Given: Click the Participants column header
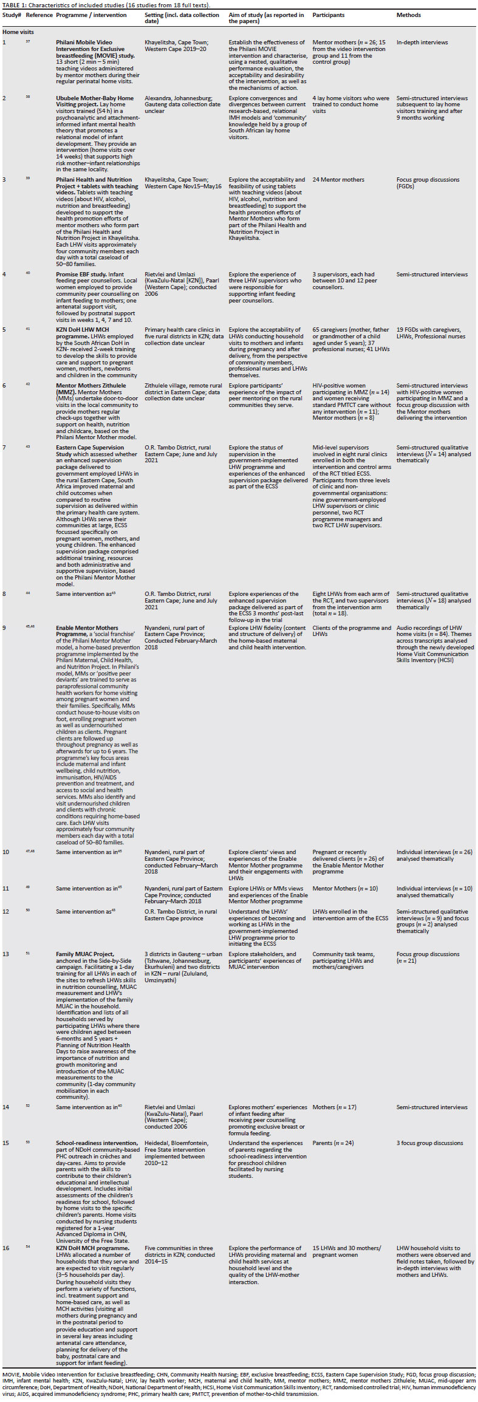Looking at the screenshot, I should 328,15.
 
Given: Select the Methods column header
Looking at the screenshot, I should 408,15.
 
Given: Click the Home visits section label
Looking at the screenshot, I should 18,32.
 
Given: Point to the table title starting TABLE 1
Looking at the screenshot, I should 106,5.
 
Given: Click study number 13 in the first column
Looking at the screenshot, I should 6,954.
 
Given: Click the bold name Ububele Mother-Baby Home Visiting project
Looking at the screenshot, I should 95,98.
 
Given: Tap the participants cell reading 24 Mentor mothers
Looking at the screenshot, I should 338,180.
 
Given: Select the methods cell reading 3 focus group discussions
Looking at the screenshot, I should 429,1143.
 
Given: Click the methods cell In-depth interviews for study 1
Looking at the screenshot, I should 422,43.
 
